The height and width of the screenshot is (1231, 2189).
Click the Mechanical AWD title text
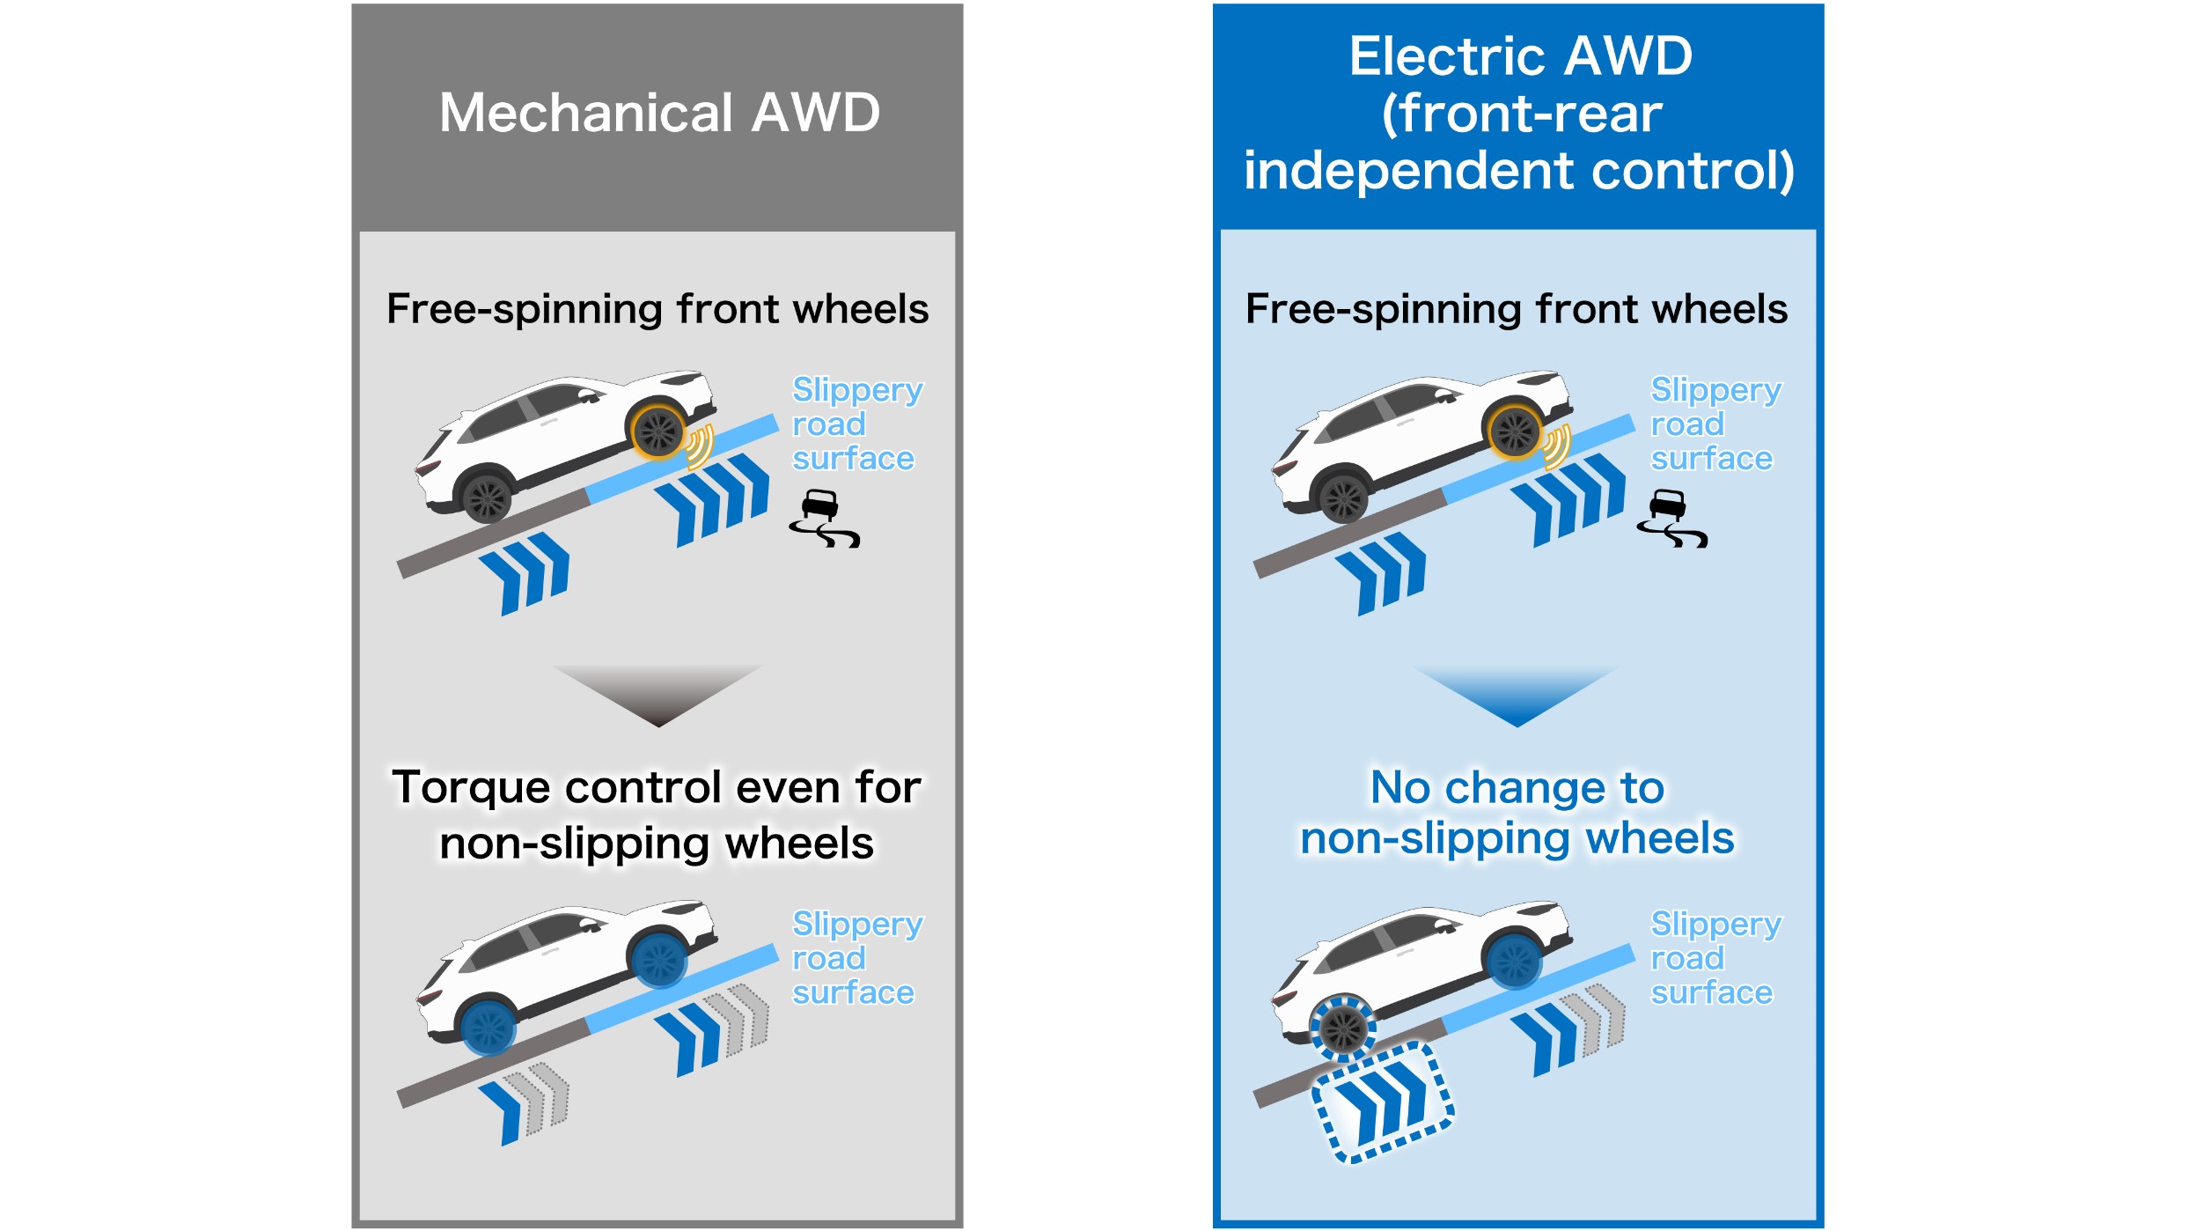(x=659, y=113)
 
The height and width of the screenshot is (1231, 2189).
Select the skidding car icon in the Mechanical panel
(x=824, y=520)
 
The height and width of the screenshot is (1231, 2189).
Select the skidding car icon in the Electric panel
(x=1671, y=520)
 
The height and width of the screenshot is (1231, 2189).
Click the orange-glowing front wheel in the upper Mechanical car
(x=657, y=431)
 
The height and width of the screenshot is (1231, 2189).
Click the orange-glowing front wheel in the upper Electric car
(x=1515, y=431)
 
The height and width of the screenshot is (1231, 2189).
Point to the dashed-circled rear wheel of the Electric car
(x=1343, y=1027)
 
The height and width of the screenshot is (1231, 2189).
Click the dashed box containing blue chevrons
(x=1383, y=1102)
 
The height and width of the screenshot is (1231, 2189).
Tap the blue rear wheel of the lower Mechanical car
(x=488, y=1027)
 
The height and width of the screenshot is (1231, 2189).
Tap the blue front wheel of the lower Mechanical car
(x=658, y=960)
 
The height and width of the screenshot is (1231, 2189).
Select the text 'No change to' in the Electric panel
(x=1517, y=787)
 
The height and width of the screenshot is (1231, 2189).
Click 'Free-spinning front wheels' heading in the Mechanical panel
(x=657, y=309)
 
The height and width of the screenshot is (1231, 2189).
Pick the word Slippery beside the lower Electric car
(x=1715, y=924)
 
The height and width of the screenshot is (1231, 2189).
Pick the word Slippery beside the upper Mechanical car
(x=857, y=389)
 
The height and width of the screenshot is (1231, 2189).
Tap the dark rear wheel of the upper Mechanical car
(x=487, y=498)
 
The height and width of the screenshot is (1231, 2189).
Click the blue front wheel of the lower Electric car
(x=1515, y=960)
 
